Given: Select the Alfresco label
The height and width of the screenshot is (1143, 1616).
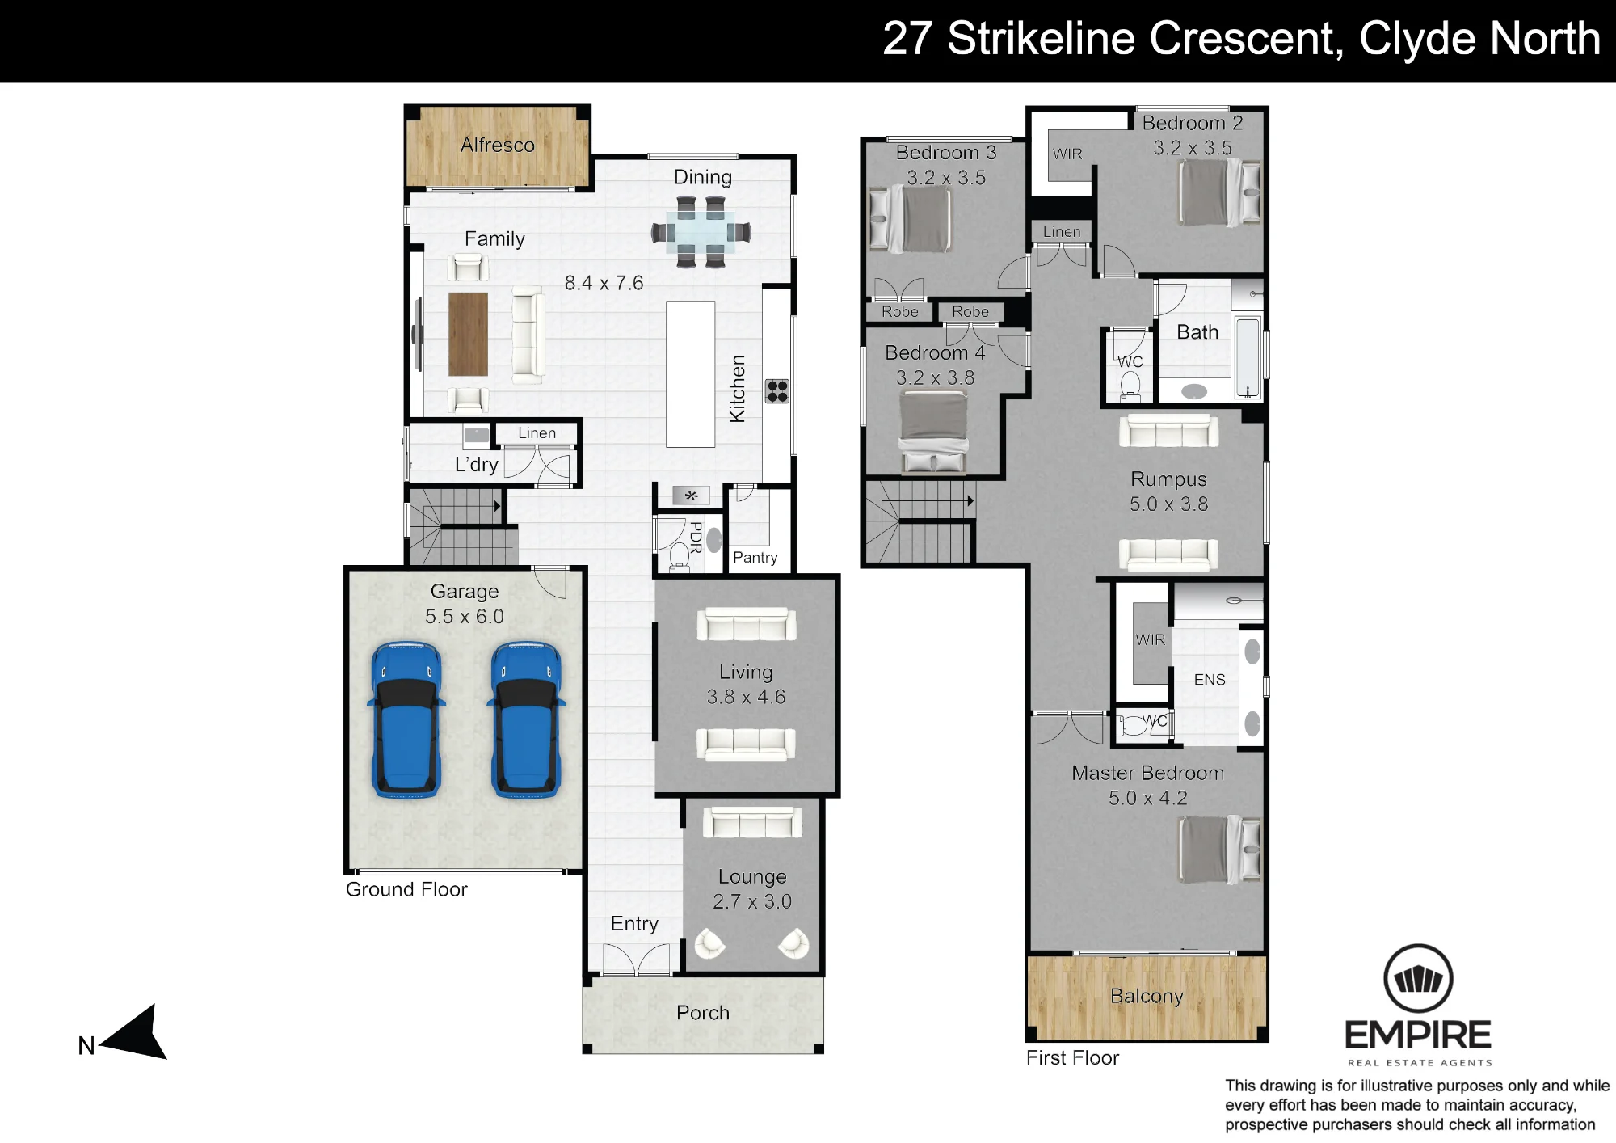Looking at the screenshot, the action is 498,145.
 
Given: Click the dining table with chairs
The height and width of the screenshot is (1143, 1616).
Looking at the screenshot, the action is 701,233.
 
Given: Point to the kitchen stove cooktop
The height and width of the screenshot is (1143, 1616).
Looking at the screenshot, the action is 777,391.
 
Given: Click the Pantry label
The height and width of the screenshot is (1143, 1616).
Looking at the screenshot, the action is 755,557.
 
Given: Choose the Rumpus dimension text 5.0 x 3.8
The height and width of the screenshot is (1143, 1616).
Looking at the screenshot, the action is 1169,504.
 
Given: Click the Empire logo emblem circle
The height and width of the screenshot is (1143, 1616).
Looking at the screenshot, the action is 1419,978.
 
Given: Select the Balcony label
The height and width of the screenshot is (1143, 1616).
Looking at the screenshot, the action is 1147,996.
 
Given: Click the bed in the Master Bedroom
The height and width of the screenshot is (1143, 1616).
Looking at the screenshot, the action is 1220,850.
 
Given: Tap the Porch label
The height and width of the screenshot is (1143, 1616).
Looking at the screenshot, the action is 703,1013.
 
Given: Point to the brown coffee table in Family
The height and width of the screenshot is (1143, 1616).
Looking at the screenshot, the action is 468,334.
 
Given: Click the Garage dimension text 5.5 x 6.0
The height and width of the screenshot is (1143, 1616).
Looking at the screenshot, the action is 465,616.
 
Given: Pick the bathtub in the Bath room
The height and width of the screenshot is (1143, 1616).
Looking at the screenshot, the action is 1248,359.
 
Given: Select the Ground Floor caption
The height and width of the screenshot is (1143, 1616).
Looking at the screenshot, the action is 406,889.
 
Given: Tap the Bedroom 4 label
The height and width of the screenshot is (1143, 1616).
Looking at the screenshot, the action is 936,352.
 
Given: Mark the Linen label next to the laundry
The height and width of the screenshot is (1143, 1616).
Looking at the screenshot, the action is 537,432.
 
